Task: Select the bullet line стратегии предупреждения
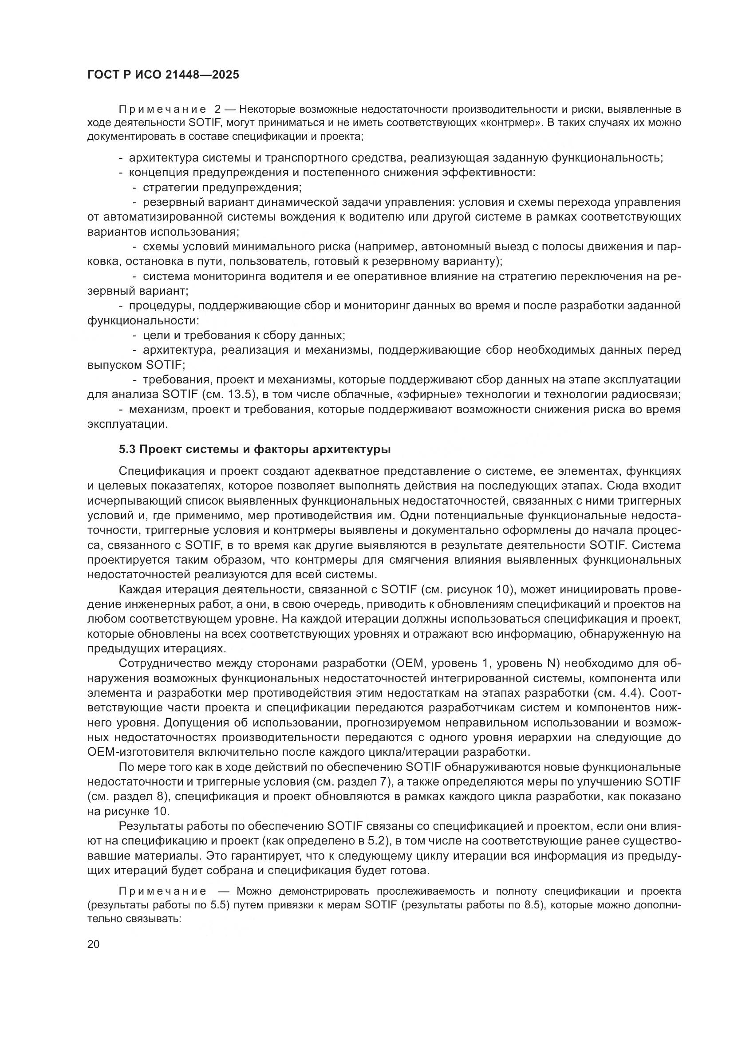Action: pyautogui.click(x=222, y=187)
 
